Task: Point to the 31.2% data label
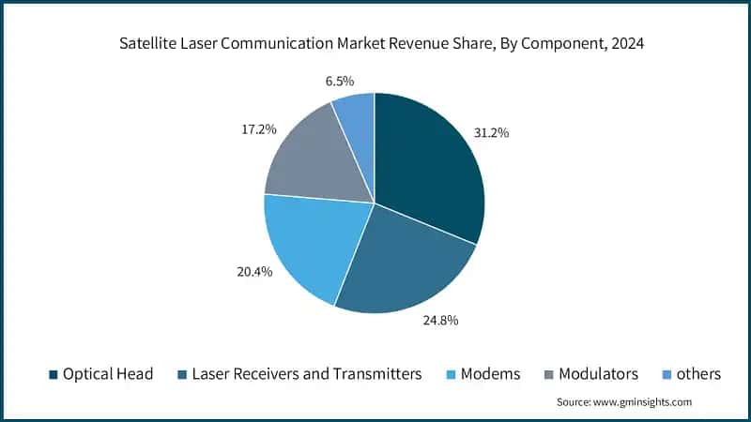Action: [514, 133]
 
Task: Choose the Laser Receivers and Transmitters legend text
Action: [307, 373]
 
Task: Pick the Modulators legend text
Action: [598, 373]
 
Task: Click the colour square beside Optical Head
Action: [53, 374]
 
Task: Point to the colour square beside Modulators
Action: [548, 374]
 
